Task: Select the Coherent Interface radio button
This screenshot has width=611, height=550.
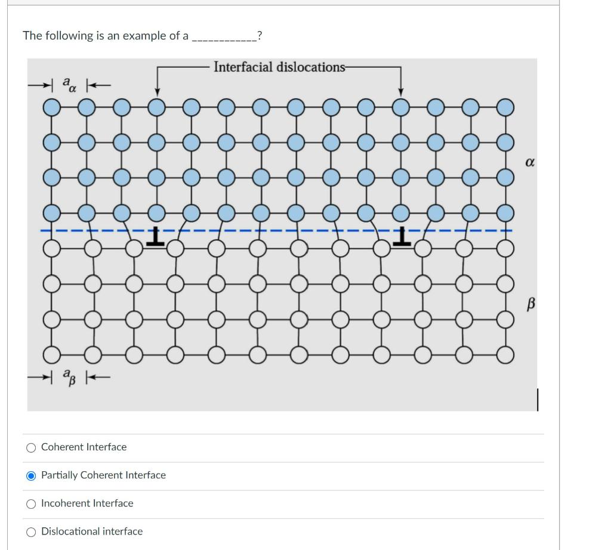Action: pyautogui.click(x=30, y=447)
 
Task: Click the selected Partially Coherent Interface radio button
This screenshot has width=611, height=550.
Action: pyautogui.click(x=30, y=475)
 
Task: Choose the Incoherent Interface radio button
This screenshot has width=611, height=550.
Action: pyautogui.click(x=30, y=503)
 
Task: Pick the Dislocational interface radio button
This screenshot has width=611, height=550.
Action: pyautogui.click(x=30, y=532)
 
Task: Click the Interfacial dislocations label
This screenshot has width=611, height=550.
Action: pyautogui.click(x=279, y=67)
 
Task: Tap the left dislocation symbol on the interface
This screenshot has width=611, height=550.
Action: pyautogui.click(x=156, y=237)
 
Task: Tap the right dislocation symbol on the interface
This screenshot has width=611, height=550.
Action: pyautogui.click(x=402, y=237)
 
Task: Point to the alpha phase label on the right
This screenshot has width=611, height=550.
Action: pyautogui.click(x=529, y=162)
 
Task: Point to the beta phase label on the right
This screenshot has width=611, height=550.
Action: pyautogui.click(x=529, y=304)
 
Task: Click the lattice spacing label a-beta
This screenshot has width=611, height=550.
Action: pyautogui.click(x=70, y=377)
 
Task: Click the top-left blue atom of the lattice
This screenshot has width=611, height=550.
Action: pyautogui.click(x=52, y=108)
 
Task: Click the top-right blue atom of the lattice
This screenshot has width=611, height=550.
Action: pyautogui.click(x=505, y=108)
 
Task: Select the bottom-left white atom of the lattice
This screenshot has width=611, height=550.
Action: pyautogui.click(x=52, y=356)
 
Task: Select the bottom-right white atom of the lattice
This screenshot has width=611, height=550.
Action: pyautogui.click(x=505, y=356)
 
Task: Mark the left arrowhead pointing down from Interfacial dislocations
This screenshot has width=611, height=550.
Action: pyautogui.click(x=156, y=92)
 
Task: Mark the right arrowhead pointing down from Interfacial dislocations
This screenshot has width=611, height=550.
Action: pyautogui.click(x=401, y=92)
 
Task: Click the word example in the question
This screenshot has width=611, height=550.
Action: pyautogui.click(x=144, y=36)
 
